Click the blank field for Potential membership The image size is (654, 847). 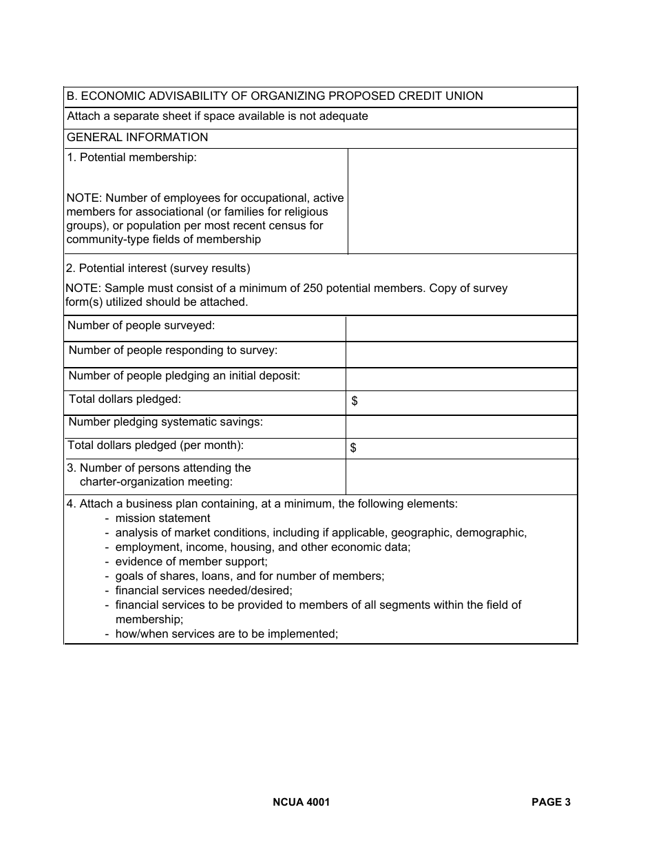462,201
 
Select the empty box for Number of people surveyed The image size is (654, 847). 461,329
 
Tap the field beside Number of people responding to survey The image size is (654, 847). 461,355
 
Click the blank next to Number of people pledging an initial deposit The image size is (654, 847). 461,379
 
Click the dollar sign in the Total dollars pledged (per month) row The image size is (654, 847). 353,448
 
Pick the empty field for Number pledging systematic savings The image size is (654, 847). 461,426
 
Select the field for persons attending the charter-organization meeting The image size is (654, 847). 461,477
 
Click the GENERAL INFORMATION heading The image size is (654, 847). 137,138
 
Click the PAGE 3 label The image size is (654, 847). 551,802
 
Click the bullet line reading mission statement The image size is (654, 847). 162,519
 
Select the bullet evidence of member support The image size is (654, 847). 191,562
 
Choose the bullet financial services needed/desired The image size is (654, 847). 203,591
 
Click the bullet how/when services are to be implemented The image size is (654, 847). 226,634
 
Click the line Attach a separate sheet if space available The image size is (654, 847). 217,116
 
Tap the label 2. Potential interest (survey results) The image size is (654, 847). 158,269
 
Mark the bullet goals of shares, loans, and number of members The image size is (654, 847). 249,576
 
